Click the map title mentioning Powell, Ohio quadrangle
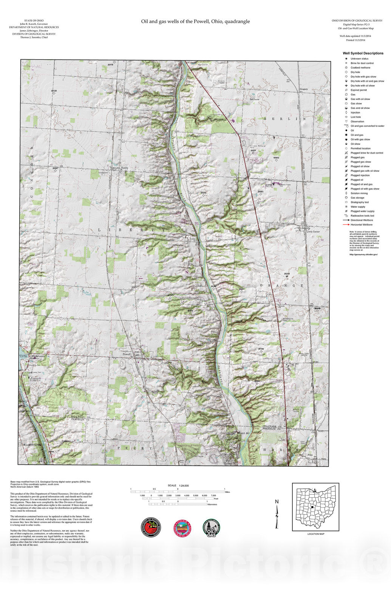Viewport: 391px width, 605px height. click(195, 22)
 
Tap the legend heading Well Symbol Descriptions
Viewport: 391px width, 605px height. click(363, 53)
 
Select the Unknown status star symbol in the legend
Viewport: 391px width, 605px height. click(346, 59)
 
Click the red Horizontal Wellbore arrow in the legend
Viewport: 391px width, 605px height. click(346, 225)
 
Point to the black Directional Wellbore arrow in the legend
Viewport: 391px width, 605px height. click(346, 220)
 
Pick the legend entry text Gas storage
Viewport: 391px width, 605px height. click(357, 198)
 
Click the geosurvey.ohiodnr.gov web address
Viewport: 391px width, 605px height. click(363, 254)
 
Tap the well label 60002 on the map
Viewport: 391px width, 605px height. click(276, 157)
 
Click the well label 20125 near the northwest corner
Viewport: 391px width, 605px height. click(54, 91)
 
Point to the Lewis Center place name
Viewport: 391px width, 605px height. click(313, 232)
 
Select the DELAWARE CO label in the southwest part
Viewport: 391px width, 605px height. click(79, 417)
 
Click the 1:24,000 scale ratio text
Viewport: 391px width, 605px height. click(184, 486)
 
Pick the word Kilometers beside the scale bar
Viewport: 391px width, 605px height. click(212, 504)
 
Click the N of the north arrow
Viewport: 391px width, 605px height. click(277, 502)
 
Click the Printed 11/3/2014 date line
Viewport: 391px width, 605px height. click(355, 40)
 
